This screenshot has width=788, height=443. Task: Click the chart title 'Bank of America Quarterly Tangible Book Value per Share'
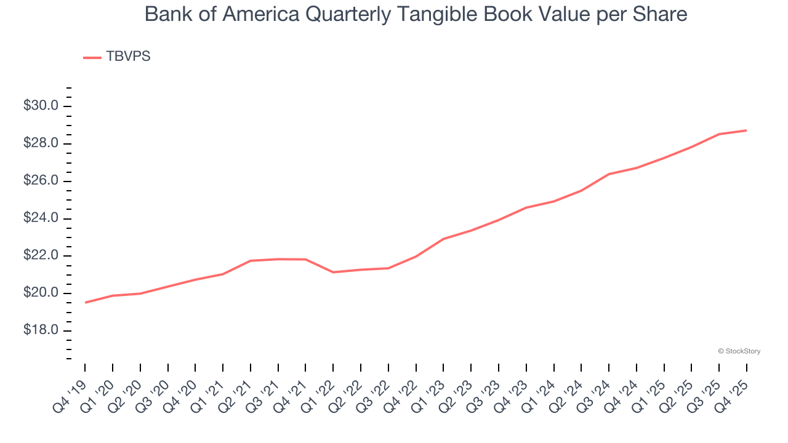pyautogui.click(x=416, y=14)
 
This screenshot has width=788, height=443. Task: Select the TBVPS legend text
pyautogui.click(x=128, y=57)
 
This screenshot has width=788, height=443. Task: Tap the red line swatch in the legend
pyautogui.click(x=92, y=57)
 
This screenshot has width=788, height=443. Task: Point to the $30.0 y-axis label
pyautogui.click(x=41, y=106)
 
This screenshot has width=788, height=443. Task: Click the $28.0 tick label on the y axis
pyautogui.click(x=41, y=144)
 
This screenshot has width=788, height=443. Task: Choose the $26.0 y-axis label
pyautogui.click(x=41, y=182)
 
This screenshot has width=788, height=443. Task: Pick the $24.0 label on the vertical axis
pyautogui.click(x=41, y=218)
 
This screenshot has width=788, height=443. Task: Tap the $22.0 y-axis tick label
pyautogui.click(x=41, y=256)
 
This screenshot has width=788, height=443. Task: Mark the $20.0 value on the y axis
pyautogui.click(x=41, y=293)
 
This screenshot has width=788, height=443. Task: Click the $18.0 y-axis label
pyautogui.click(x=41, y=331)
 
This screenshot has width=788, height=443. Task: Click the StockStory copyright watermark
pyautogui.click(x=739, y=351)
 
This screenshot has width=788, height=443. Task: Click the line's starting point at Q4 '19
pyautogui.click(x=85, y=303)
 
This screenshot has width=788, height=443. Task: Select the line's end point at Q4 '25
pyautogui.click(x=747, y=130)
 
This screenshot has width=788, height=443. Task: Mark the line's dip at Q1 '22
pyautogui.click(x=333, y=272)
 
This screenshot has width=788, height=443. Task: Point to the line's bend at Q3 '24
pyautogui.click(x=609, y=174)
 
